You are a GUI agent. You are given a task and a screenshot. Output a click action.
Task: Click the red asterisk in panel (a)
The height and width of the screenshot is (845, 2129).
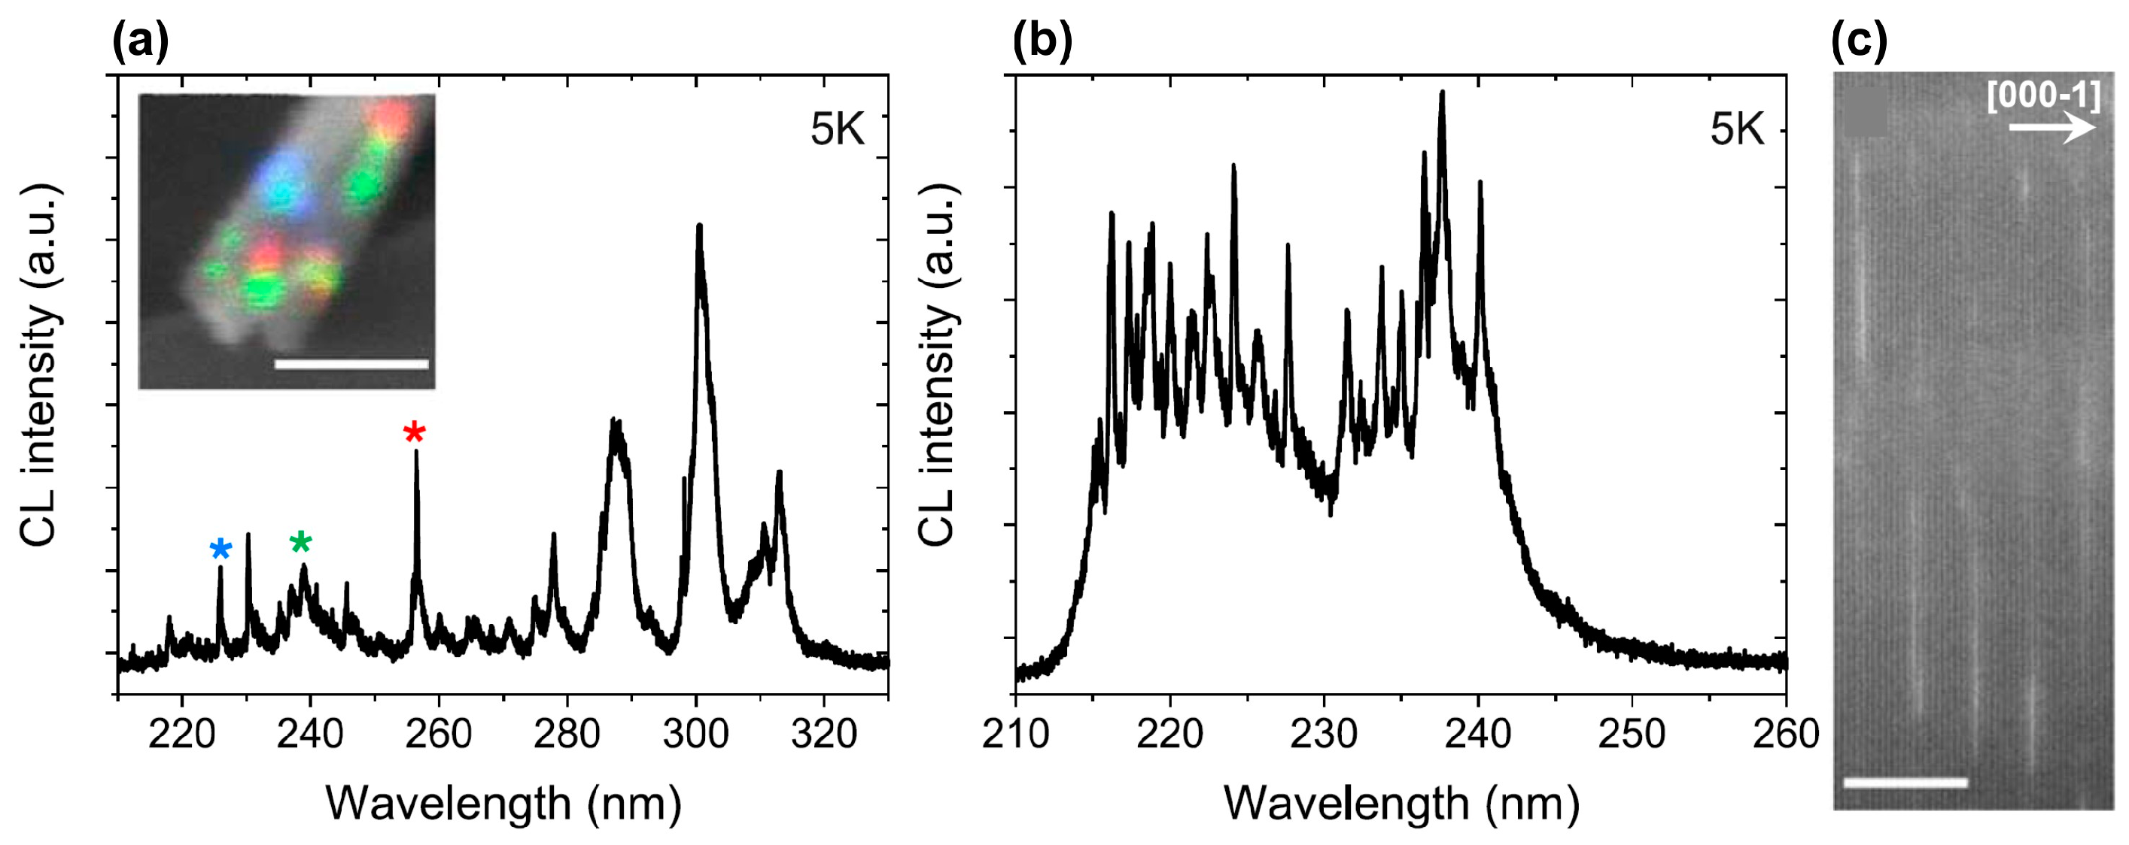click(x=414, y=432)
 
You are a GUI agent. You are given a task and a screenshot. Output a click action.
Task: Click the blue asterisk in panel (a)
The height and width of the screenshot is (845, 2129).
click(x=221, y=550)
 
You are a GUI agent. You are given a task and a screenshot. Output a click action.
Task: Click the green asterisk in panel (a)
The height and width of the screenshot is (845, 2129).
click(x=301, y=542)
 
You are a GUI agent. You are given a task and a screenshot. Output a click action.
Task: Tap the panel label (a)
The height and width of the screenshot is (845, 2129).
click(x=141, y=41)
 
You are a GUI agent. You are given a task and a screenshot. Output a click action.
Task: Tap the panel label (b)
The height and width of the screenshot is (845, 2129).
click(x=1042, y=41)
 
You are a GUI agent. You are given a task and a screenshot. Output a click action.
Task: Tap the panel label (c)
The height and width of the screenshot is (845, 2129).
click(x=1860, y=41)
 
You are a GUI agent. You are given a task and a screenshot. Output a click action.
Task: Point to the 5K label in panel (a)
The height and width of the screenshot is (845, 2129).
click(x=836, y=130)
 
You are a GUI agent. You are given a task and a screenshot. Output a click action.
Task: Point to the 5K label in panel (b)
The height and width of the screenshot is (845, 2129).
click(x=1736, y=130)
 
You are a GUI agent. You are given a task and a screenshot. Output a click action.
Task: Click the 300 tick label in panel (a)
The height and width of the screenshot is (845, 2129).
click(x=695, y=734)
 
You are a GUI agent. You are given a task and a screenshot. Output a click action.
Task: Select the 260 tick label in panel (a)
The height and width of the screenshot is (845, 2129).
click(x=438, y=734)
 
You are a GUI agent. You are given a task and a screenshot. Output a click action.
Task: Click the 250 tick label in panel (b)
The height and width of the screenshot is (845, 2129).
click(x=1632, y=734)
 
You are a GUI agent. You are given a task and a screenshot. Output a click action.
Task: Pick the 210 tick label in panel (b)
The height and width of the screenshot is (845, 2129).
click(x=1015, y=734)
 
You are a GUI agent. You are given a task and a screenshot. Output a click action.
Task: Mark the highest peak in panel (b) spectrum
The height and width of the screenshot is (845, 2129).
click(x=1442, y=93)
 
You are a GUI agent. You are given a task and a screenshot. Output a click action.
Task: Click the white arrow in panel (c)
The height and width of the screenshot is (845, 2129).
click(x=2052, y=128)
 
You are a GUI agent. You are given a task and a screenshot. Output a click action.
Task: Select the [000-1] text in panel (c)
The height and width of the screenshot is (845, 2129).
click(x=2043, y=95)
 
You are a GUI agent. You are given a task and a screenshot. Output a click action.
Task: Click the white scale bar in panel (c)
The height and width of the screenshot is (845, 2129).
click(x=1905, y=782)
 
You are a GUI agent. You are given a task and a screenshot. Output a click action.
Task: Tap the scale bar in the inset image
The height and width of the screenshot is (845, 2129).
click(x=351, y=363)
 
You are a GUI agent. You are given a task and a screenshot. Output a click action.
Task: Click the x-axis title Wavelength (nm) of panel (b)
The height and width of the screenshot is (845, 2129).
click(x=1401, y=803)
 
